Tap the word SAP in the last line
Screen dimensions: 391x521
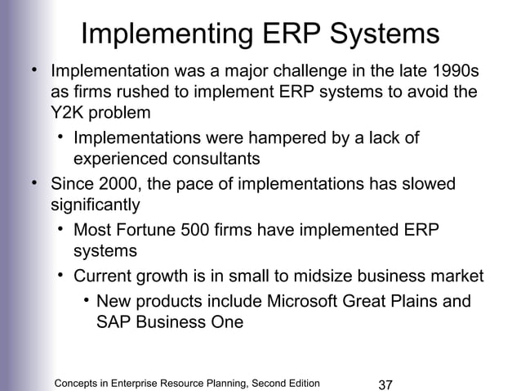click(x=114, y=322)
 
